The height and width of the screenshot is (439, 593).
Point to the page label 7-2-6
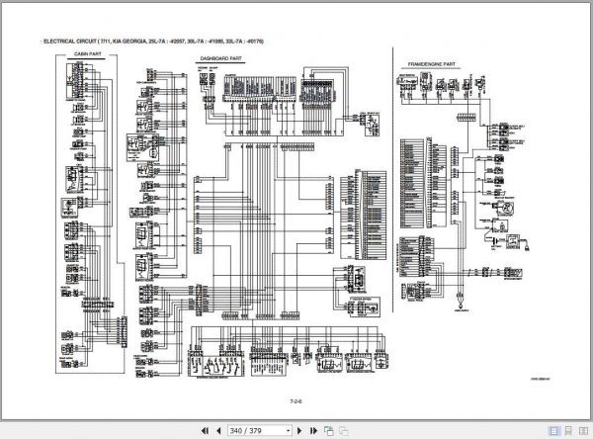click(296, 401)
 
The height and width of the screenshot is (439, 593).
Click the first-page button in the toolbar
click(205, 431)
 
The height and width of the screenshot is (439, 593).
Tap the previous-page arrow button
click(218, 431)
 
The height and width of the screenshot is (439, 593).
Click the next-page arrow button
click(302, 431)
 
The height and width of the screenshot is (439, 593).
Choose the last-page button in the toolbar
click(315, 431)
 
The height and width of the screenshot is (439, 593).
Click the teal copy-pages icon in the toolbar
click(329, 431)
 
